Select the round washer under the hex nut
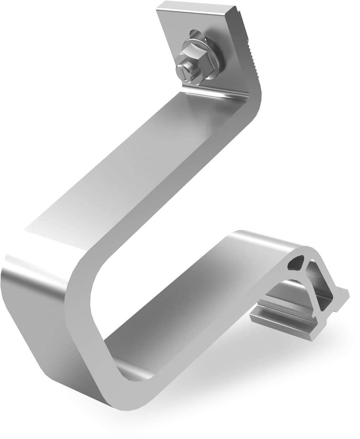pyautogui.click(x=212, y=54)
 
